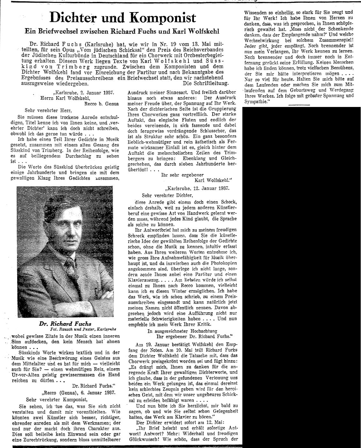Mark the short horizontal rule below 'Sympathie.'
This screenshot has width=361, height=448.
point(298,104)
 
